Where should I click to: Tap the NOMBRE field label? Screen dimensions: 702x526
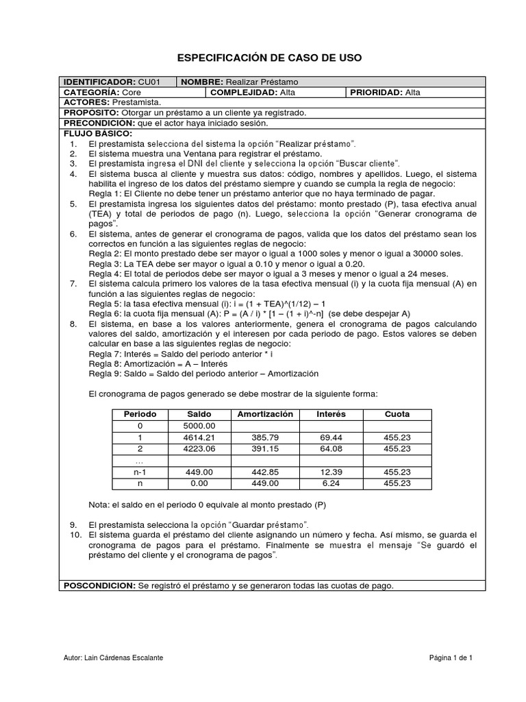pyautogui.click(x=203, y=82)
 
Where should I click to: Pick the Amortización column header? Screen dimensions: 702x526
pyautogui.click(x=265, y=415)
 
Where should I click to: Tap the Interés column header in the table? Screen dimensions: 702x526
pyautogui.click(x=331, y=415)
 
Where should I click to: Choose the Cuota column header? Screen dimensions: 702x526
pyautogui.click(x=397, y=415)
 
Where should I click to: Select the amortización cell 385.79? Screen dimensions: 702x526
pyautogui.click(x=265, y=437)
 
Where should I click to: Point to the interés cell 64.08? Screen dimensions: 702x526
pyautogui.click(x=331, y=449)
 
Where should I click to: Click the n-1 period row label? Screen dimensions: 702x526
pyautogui.click(x=140, y=472)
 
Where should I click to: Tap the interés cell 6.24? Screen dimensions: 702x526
pyautogui.click(x=331, y=483)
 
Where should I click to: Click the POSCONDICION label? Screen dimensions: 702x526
pyautogui.click(x=100, y=585)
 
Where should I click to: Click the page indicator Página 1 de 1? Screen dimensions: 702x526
pyautogui.click(x=451, y=658)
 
